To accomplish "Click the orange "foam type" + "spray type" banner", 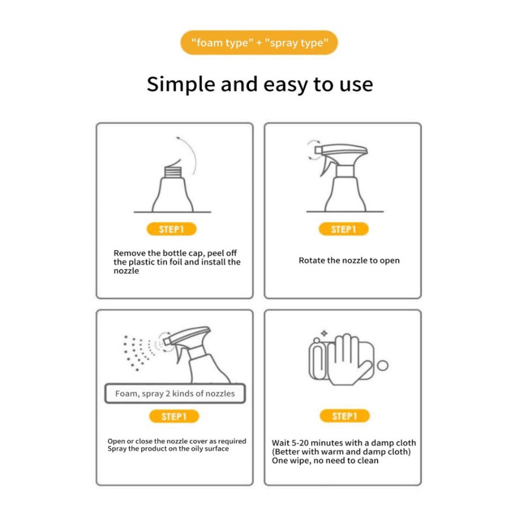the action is tap(259, 43).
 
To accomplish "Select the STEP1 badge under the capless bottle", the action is tap(172, 229).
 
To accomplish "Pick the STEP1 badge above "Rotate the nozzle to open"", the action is tap(343, 229).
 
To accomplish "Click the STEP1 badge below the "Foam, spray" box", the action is tap(174, 416).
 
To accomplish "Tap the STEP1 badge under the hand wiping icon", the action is tap(344, 416).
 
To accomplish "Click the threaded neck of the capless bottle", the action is tap(173, 172).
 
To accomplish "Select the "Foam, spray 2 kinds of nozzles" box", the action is tap(175, 393).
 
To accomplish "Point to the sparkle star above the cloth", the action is tap(324, 333).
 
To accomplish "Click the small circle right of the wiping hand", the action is tap(382, 365).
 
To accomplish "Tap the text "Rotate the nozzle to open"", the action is tap(349, 261).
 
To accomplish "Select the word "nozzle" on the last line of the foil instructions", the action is tap(126, 271).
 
